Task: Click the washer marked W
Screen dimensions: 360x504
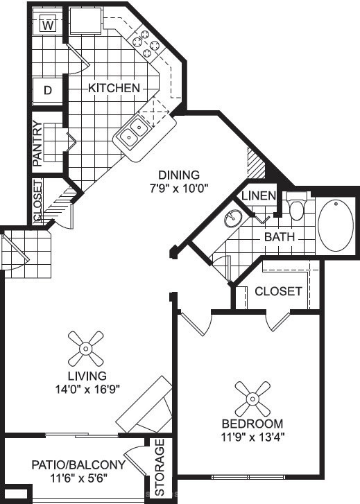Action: [x=48, y=24]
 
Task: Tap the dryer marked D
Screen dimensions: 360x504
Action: [x=48, y=90]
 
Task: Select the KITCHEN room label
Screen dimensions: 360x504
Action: [x=114, y=88]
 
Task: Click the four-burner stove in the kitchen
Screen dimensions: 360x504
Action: [x=146, y=44]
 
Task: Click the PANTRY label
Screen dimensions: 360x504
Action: [x=37, y=144]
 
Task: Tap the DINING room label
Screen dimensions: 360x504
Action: [x=179, y=175]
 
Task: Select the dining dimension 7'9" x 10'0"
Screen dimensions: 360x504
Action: [x=180, y=188]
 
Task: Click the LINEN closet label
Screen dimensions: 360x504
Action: [x=259, y=195]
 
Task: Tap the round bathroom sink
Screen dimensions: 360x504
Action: [x=233, y=218]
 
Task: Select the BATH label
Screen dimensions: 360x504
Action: [x=280, y=237]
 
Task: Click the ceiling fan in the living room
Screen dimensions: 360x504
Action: [x=86, y=349]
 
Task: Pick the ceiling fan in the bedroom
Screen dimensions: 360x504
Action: [x=252, y=399]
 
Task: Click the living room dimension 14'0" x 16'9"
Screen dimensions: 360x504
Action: [x=87, y=390]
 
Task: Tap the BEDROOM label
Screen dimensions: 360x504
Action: [x=252, y=424]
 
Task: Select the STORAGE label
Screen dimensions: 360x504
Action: [x=160, y=467]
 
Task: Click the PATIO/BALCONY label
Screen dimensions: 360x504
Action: [x=78, y=464]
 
